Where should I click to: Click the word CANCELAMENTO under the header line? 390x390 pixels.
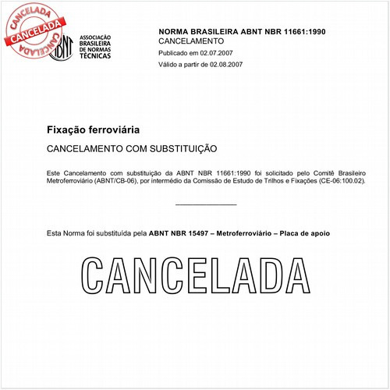(x=191, y=40)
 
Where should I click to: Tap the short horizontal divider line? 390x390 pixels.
(x=206, y=204)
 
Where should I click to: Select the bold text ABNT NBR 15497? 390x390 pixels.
(x=179, y=233)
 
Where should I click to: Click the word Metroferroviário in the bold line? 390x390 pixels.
(x=249, y=233)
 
